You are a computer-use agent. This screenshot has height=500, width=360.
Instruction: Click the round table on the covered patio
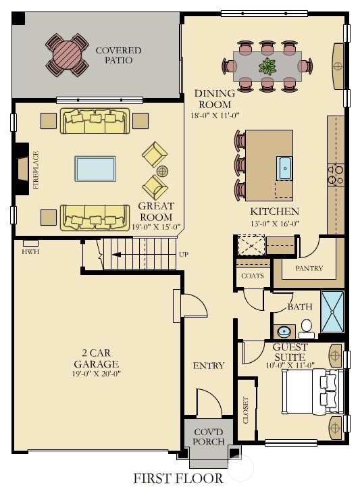[67, 55]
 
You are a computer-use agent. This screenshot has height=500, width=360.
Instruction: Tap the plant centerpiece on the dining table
[267, 67]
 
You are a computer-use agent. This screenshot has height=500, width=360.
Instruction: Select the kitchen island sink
[284, 168]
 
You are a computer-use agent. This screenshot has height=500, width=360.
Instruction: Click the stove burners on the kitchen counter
[336, 174]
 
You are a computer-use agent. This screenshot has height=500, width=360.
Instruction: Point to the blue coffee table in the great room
[95, 169]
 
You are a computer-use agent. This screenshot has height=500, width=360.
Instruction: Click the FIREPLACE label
[36, 170]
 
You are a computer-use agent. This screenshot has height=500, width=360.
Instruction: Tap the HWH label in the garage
[30, 251]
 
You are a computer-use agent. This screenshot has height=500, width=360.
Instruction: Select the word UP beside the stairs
[184, 255]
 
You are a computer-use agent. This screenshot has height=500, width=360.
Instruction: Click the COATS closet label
[253, 276]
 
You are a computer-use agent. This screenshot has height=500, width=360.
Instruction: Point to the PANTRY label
[309, 268]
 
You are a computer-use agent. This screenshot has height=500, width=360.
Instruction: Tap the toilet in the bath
[307, 329]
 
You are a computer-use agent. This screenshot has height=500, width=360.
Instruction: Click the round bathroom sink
[284, 332]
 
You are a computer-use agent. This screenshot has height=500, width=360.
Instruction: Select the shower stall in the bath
[332, 312]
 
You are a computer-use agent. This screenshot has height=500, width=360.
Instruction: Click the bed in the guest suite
[313, 392]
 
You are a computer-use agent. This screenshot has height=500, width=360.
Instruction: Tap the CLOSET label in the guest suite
[246, 410]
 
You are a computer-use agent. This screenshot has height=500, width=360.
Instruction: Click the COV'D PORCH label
[209, 437]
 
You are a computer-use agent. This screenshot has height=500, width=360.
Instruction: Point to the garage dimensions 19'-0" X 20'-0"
[96, 374]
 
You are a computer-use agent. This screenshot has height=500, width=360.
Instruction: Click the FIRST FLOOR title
[178, 478]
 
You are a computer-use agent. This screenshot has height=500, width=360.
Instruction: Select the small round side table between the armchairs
[162, 171]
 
